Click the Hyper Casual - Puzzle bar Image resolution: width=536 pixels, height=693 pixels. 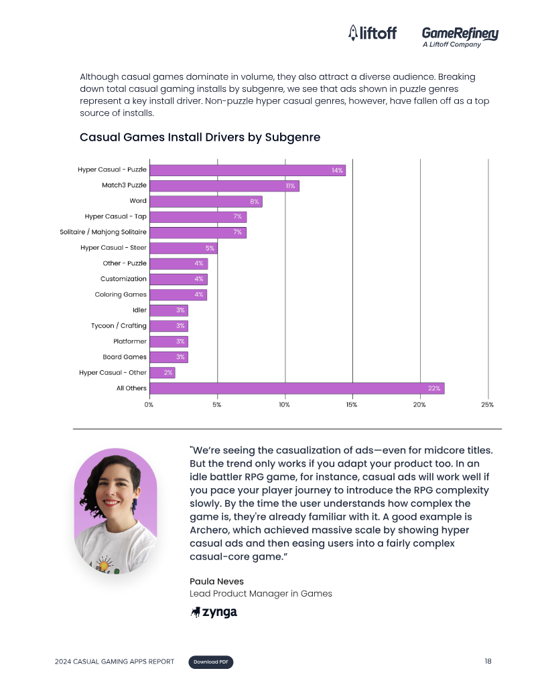(248, 170)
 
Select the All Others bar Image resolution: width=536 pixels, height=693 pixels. (297, 388)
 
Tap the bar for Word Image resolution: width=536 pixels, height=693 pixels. (206, 202)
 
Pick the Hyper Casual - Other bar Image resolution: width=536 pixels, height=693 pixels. (162, 372)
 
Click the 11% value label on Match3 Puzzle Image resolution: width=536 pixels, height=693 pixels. (290, 186)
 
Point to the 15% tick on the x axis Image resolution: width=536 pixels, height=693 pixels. (352, 405)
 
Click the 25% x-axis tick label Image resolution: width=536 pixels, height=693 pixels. (487, 405)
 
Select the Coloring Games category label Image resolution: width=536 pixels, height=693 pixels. (121, 295)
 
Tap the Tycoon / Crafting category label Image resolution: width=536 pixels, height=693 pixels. (119, 325)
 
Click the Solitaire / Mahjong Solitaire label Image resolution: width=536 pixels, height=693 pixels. (103, 232)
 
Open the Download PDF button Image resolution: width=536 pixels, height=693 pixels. (211, 662)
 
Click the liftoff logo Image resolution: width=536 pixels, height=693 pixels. (373, 33)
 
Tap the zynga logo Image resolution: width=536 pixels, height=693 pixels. (214, 612)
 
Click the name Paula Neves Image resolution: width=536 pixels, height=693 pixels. (216, 582)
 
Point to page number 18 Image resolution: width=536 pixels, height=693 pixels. (488, 661)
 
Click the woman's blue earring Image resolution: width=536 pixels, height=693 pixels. (134, 505)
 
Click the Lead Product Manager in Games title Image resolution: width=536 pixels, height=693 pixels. (261, 593)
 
